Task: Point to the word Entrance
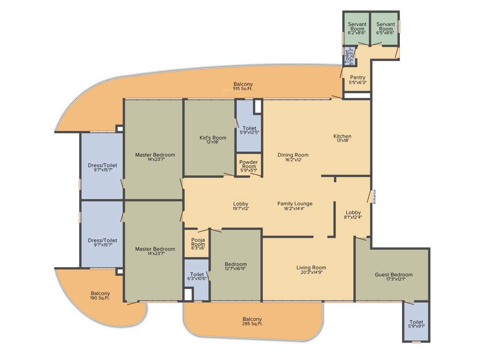pos(375,196)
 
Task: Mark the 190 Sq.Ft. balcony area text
pos(100,298)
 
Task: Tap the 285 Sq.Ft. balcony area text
pos(252,324)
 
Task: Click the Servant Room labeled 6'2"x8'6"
pos(357,29)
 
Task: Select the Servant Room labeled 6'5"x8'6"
pos(385,29)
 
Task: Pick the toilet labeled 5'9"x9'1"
pos(416,324)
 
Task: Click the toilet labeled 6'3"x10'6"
pos(197,277)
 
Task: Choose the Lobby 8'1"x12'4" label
pos(353,215)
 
